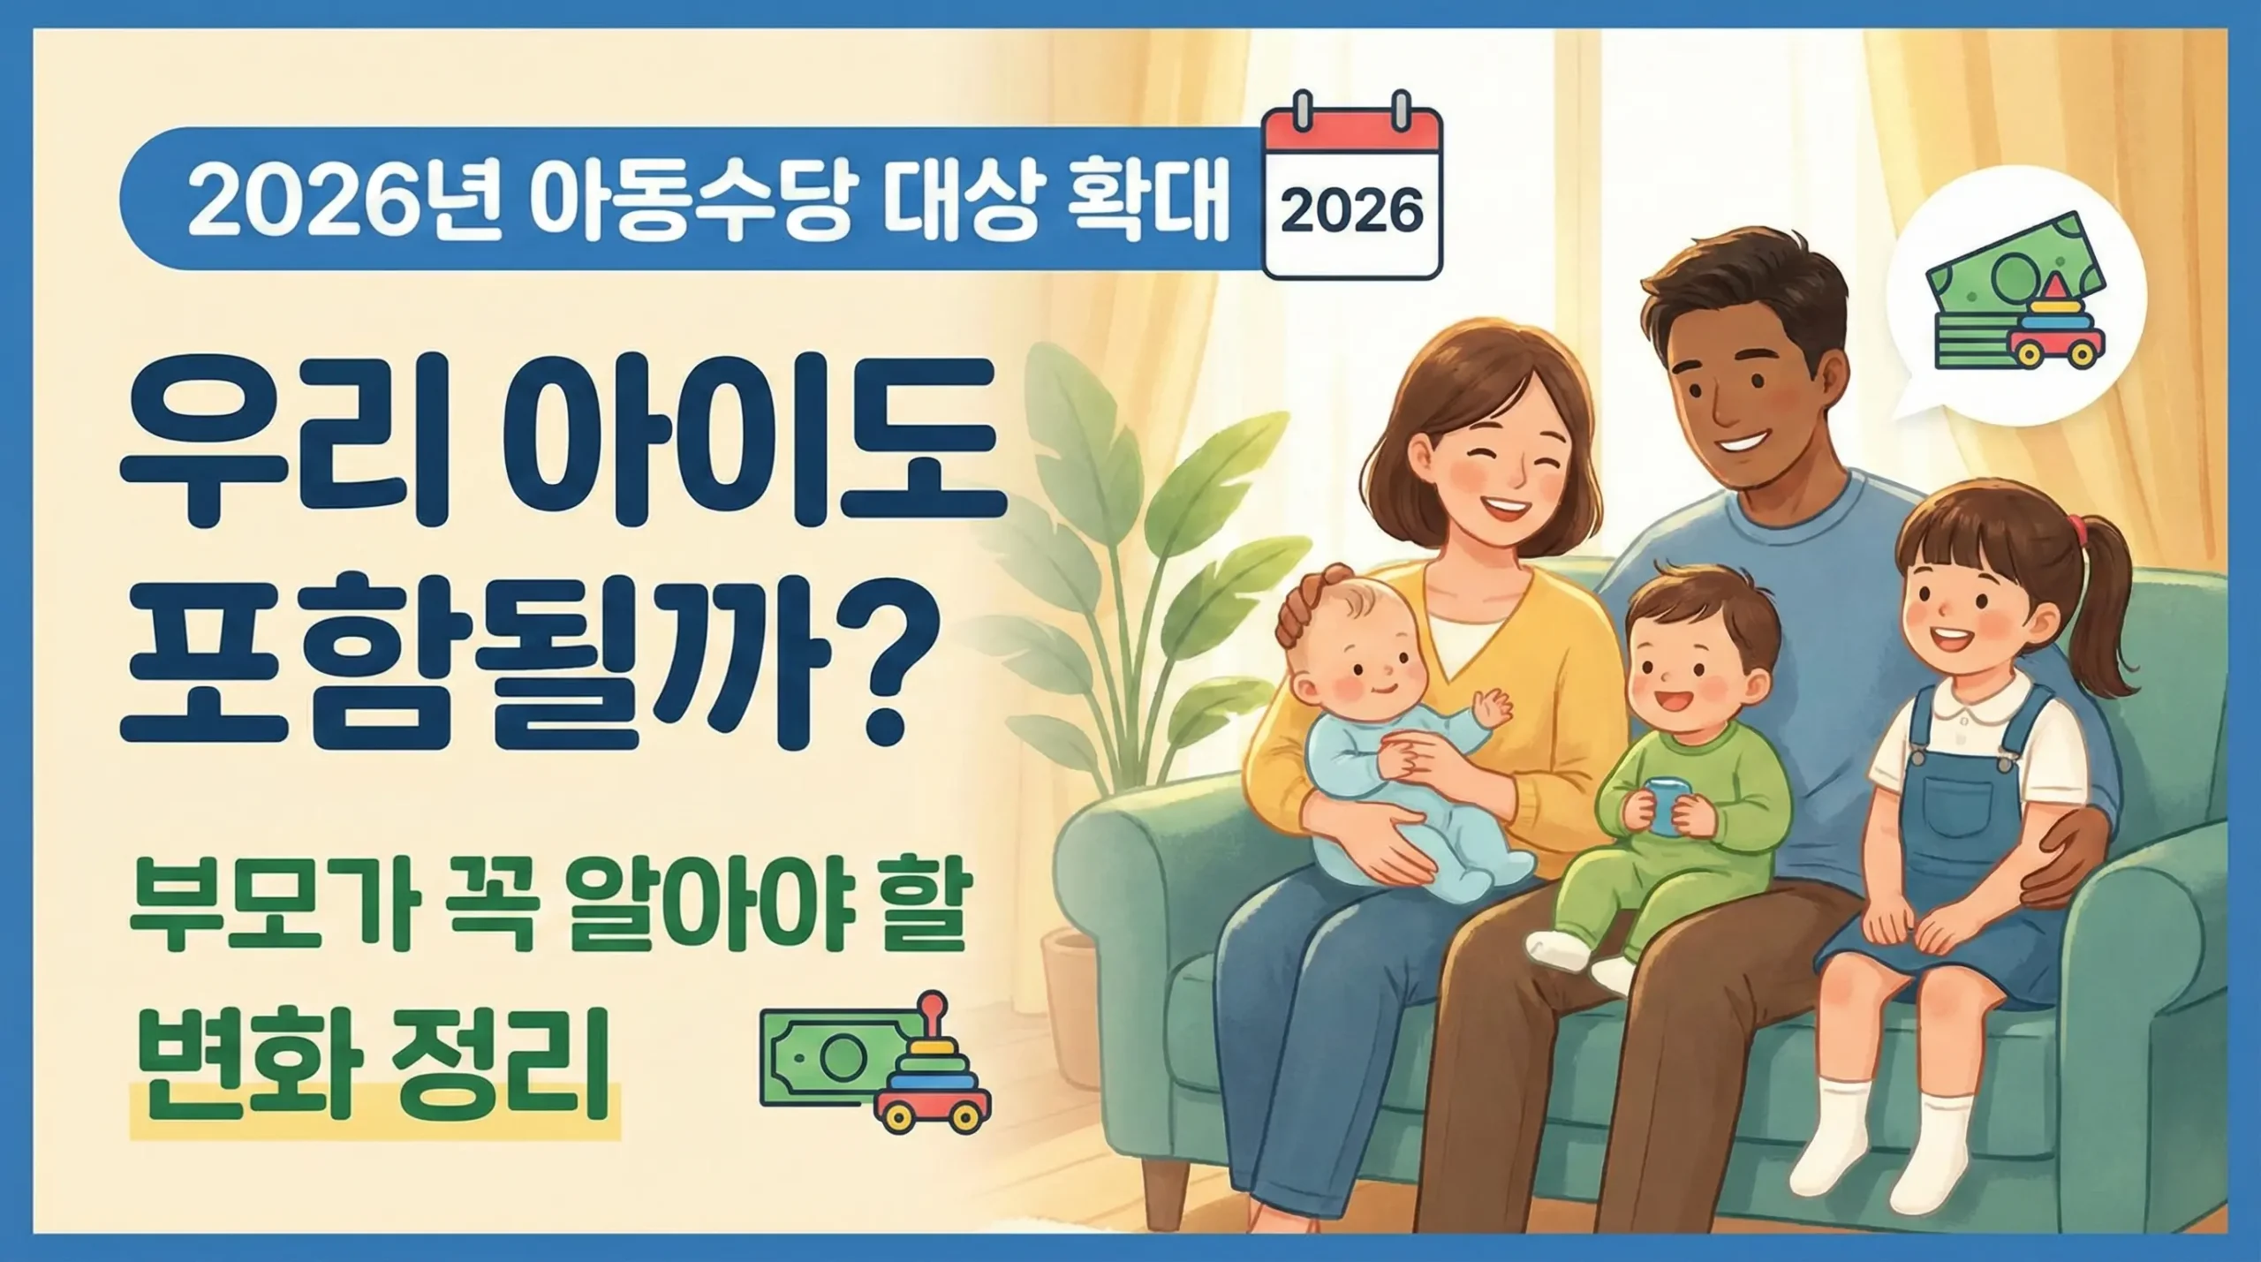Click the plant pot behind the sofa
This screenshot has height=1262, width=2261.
pyautogui.click(x=1070, y=1007)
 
